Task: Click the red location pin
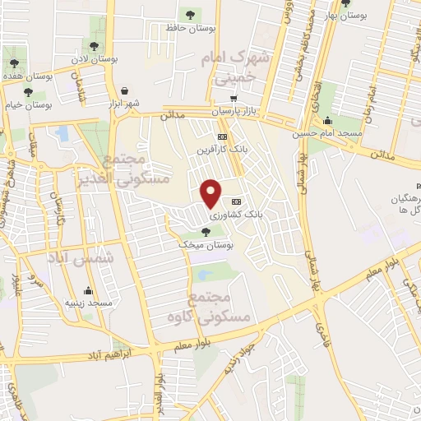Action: [211, 193]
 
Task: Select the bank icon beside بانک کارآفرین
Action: [222, 137]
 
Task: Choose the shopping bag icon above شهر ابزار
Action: [124, 90]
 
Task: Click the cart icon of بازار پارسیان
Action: [234, 97]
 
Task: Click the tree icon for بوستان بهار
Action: [326, 14]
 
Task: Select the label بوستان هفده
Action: [27, 76]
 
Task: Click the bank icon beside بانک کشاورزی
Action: [238, 201]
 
